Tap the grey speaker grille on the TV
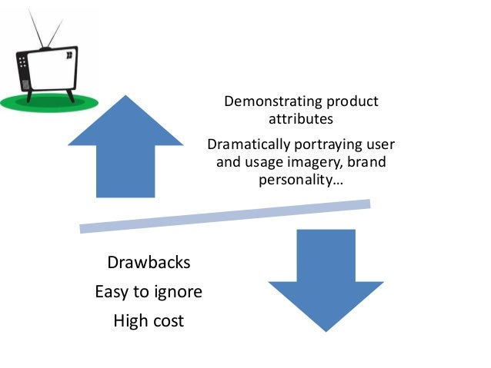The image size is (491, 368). [x=24, y=80]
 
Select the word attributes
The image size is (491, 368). [x=301, y=119]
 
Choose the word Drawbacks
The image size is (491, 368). [x=149, y=264]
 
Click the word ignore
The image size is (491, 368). [x=177, y=293]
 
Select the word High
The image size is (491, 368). [x=130, y=321]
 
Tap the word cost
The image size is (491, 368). [x=168, y=321]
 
